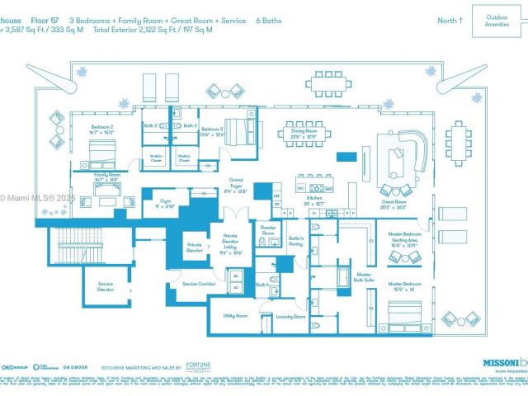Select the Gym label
(165, 202)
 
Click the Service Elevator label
(106, 286)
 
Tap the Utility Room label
(235, 315)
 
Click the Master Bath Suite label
(364, 278)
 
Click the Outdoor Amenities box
(497, 21)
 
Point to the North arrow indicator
(450, 21)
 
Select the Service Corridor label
(198, 283)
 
